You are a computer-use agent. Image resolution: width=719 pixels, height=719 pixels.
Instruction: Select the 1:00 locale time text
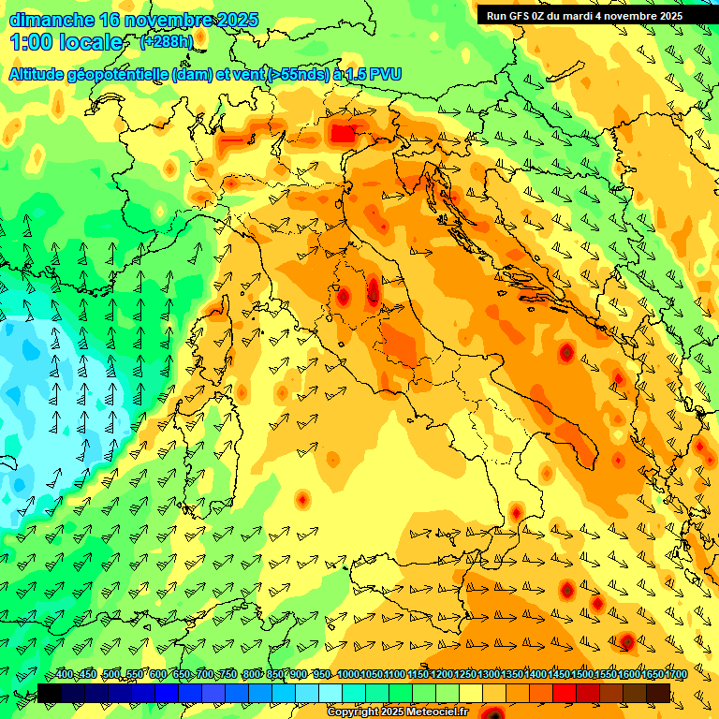(66, 43)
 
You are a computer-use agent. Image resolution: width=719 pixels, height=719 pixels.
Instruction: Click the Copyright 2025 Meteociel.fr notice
(397, 712)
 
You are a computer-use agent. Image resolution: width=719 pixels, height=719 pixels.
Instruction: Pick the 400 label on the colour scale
(65, 674)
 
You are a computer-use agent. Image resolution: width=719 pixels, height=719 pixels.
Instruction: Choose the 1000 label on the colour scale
(347, 674)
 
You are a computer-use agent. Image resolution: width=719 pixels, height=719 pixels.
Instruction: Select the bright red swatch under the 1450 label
(565, 693)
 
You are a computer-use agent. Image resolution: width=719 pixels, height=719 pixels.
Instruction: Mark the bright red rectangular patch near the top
(344, 134)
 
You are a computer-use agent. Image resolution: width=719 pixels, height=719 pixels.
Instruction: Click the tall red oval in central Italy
(374, 290)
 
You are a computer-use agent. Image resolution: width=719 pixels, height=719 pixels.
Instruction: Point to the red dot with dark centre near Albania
(566, 352)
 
